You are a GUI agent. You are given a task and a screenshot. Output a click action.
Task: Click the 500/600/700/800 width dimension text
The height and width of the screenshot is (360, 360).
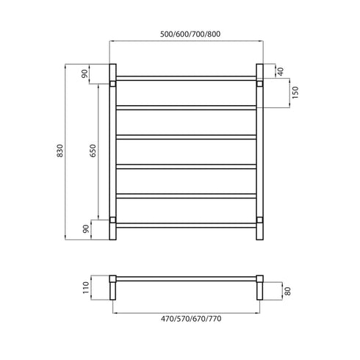point(187,34)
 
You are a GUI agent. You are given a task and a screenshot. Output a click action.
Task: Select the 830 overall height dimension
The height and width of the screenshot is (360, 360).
point(69,151)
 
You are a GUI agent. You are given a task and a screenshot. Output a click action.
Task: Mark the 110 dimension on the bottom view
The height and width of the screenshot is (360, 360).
point(85,286)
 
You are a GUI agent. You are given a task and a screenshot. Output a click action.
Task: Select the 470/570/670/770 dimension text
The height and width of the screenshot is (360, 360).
point(187,320)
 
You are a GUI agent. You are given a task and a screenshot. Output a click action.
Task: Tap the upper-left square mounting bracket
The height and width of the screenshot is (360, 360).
point(111,84)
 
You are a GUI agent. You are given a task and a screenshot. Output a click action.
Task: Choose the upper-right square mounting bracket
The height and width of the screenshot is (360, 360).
point(260,84)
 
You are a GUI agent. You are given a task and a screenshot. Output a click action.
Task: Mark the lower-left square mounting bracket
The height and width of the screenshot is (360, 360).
point(111,219)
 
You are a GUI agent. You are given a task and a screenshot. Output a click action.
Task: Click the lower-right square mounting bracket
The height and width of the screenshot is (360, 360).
point(260,219)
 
